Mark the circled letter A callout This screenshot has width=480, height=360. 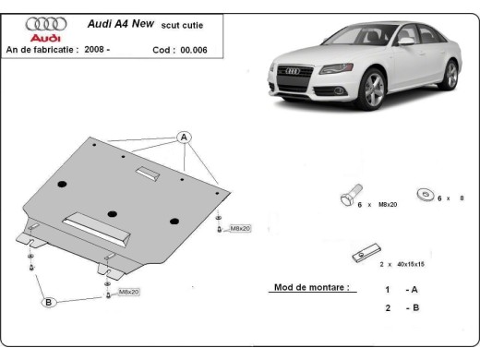pyautogui.click(x=185, y=138)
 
